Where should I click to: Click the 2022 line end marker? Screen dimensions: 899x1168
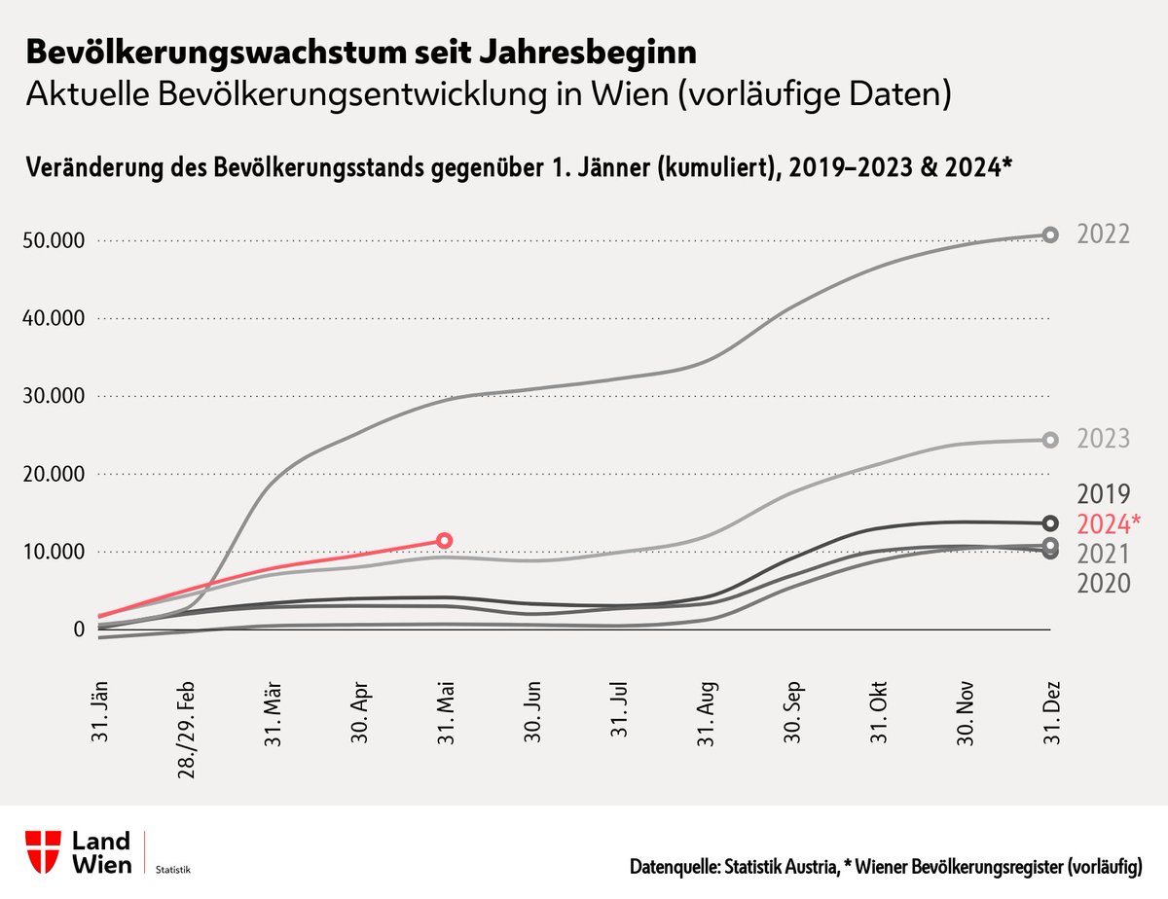click(x=1050, y=234)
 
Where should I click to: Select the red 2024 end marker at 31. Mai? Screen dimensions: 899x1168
click(x=444, y=540)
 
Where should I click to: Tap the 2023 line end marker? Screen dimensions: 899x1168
click(x=1050, y=440)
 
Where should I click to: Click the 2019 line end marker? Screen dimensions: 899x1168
click(x=1050, y=522)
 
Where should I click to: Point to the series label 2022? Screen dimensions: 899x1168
click(x=1103, y=234)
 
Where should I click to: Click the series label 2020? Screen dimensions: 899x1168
click(x=1103, y=583)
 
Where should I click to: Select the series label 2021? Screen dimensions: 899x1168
click(x=1103, y=554)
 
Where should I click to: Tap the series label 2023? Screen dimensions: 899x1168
click(x=1103, y=439)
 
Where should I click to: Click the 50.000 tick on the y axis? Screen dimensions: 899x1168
click(x=54, y=240)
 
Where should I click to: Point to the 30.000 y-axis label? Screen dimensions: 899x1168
click(x=54, y=396)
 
